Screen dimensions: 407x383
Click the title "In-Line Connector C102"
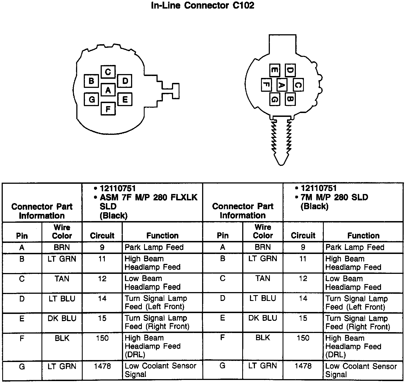(203, 6)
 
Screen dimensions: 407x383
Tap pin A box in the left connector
(108, 90)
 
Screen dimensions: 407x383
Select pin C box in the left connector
(108, 72)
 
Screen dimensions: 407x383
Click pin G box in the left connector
(92, 99)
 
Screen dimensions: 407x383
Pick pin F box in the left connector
(108, 109)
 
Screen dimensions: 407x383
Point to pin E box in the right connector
(274, 70)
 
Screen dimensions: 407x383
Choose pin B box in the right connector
(290, 98)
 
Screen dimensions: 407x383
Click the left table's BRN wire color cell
(62, 247)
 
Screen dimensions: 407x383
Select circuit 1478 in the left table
(102, 366)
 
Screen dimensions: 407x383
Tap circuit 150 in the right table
(303, 338)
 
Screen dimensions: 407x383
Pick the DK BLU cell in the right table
(263, 318)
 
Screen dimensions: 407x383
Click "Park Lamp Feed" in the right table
(355, 247)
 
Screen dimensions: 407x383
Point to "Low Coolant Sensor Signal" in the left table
(160, 370)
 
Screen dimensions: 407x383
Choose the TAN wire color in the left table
(62, 279)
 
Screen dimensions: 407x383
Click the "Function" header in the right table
(363, 235)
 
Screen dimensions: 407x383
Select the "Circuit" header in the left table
(102, 235)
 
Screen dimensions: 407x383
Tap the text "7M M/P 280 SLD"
(334, 197)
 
